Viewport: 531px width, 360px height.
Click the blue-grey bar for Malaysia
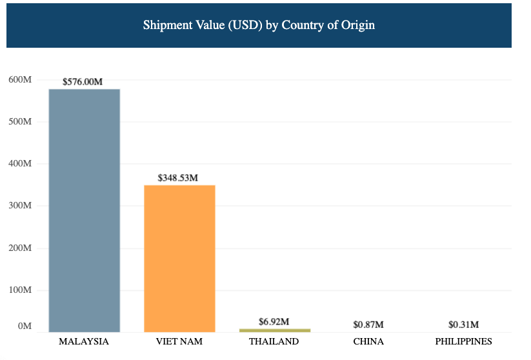tap(84, 210)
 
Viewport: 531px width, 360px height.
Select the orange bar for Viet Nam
tap(179, 258)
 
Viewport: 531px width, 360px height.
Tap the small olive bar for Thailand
tap(274, 330)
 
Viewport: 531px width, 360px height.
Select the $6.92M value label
tap(274, 321)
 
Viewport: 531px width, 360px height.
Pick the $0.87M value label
tap(368, 325)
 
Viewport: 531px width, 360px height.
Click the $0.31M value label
tap(463, 325)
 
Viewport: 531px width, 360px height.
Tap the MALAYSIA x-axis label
tap(84, 341)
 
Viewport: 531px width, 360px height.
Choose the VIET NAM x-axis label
tap(179, 341)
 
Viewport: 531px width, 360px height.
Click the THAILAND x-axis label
tap(274, 341)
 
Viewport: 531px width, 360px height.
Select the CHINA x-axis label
tap(368, 341)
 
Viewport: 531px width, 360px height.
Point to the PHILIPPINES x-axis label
tap(463, 341)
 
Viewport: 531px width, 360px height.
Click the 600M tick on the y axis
tap(20, 79)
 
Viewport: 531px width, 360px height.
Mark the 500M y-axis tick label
tap(20, 122)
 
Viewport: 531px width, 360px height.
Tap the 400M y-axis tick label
tap(20, 164)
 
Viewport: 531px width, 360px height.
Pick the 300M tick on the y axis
tap(20, 206)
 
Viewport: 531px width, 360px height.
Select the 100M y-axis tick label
tap(20, 290)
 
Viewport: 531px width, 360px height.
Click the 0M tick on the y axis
tap(25, 326)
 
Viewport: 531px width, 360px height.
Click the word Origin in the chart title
tap(358, 26)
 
